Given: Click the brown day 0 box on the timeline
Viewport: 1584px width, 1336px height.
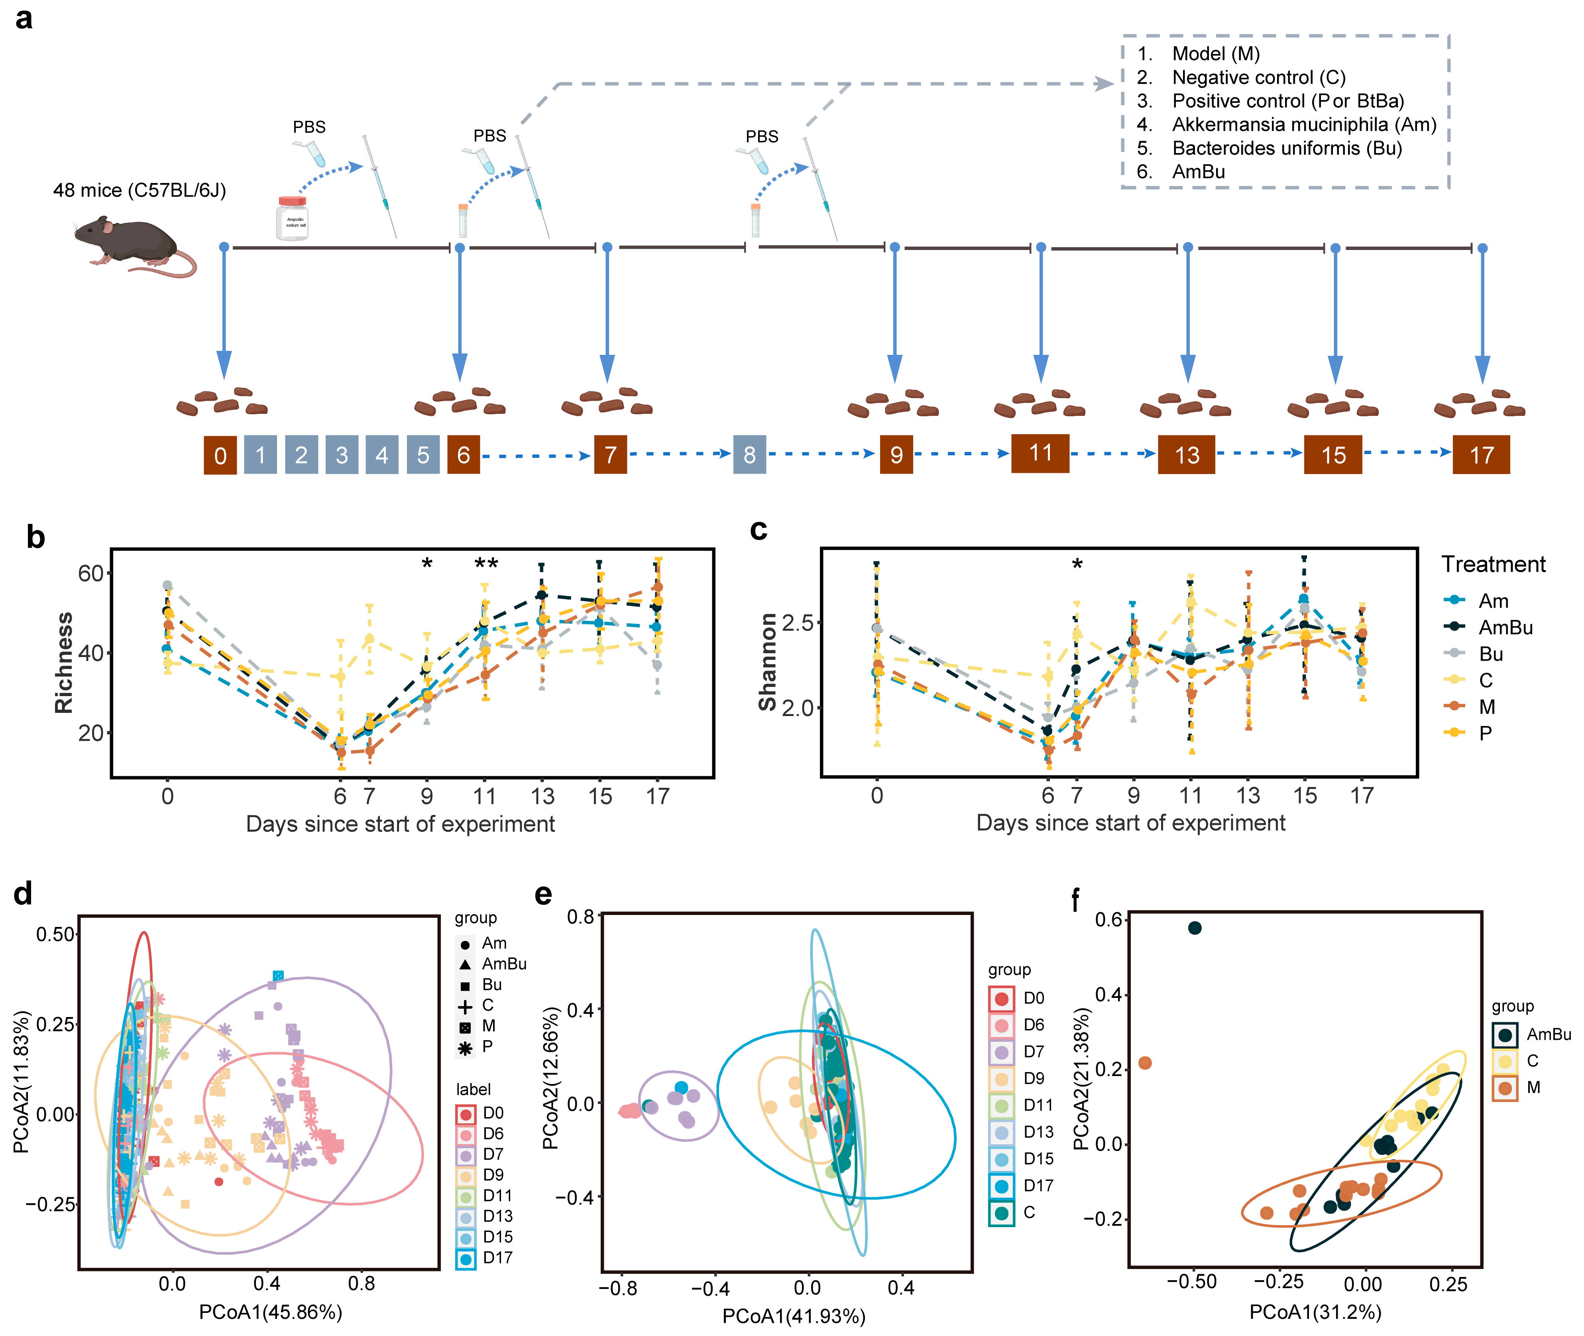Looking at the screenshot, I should (220, 455).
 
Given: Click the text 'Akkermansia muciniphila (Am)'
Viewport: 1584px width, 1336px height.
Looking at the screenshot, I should (1304, 124).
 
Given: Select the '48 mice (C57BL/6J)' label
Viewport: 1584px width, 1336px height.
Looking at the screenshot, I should (140, 190).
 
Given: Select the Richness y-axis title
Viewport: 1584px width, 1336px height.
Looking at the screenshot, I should (64, 663).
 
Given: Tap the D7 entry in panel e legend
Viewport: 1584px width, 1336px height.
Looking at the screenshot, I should (1033, 1051).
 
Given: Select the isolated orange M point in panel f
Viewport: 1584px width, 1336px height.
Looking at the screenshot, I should (1145, 1063).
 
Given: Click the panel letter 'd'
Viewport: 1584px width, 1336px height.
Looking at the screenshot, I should (23, 894).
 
